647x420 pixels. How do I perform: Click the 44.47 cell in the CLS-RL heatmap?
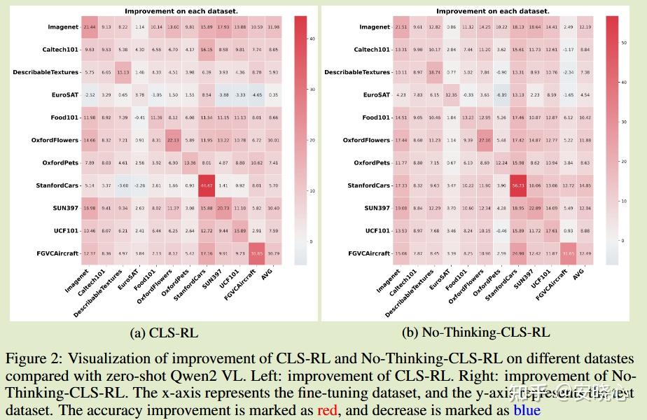(207, 185)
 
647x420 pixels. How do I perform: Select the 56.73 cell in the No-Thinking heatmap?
(519, 185)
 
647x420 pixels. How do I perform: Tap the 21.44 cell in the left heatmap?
(90, 27)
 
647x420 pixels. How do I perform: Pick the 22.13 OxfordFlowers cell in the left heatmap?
(174, 140)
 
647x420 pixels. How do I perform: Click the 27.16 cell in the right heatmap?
(485, 140)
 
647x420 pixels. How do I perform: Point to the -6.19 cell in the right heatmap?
(501, 94)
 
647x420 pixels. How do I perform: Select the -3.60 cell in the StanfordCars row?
(123, 185)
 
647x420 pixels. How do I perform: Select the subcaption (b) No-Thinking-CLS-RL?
(476, 332)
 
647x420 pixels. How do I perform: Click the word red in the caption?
(327, 410)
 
